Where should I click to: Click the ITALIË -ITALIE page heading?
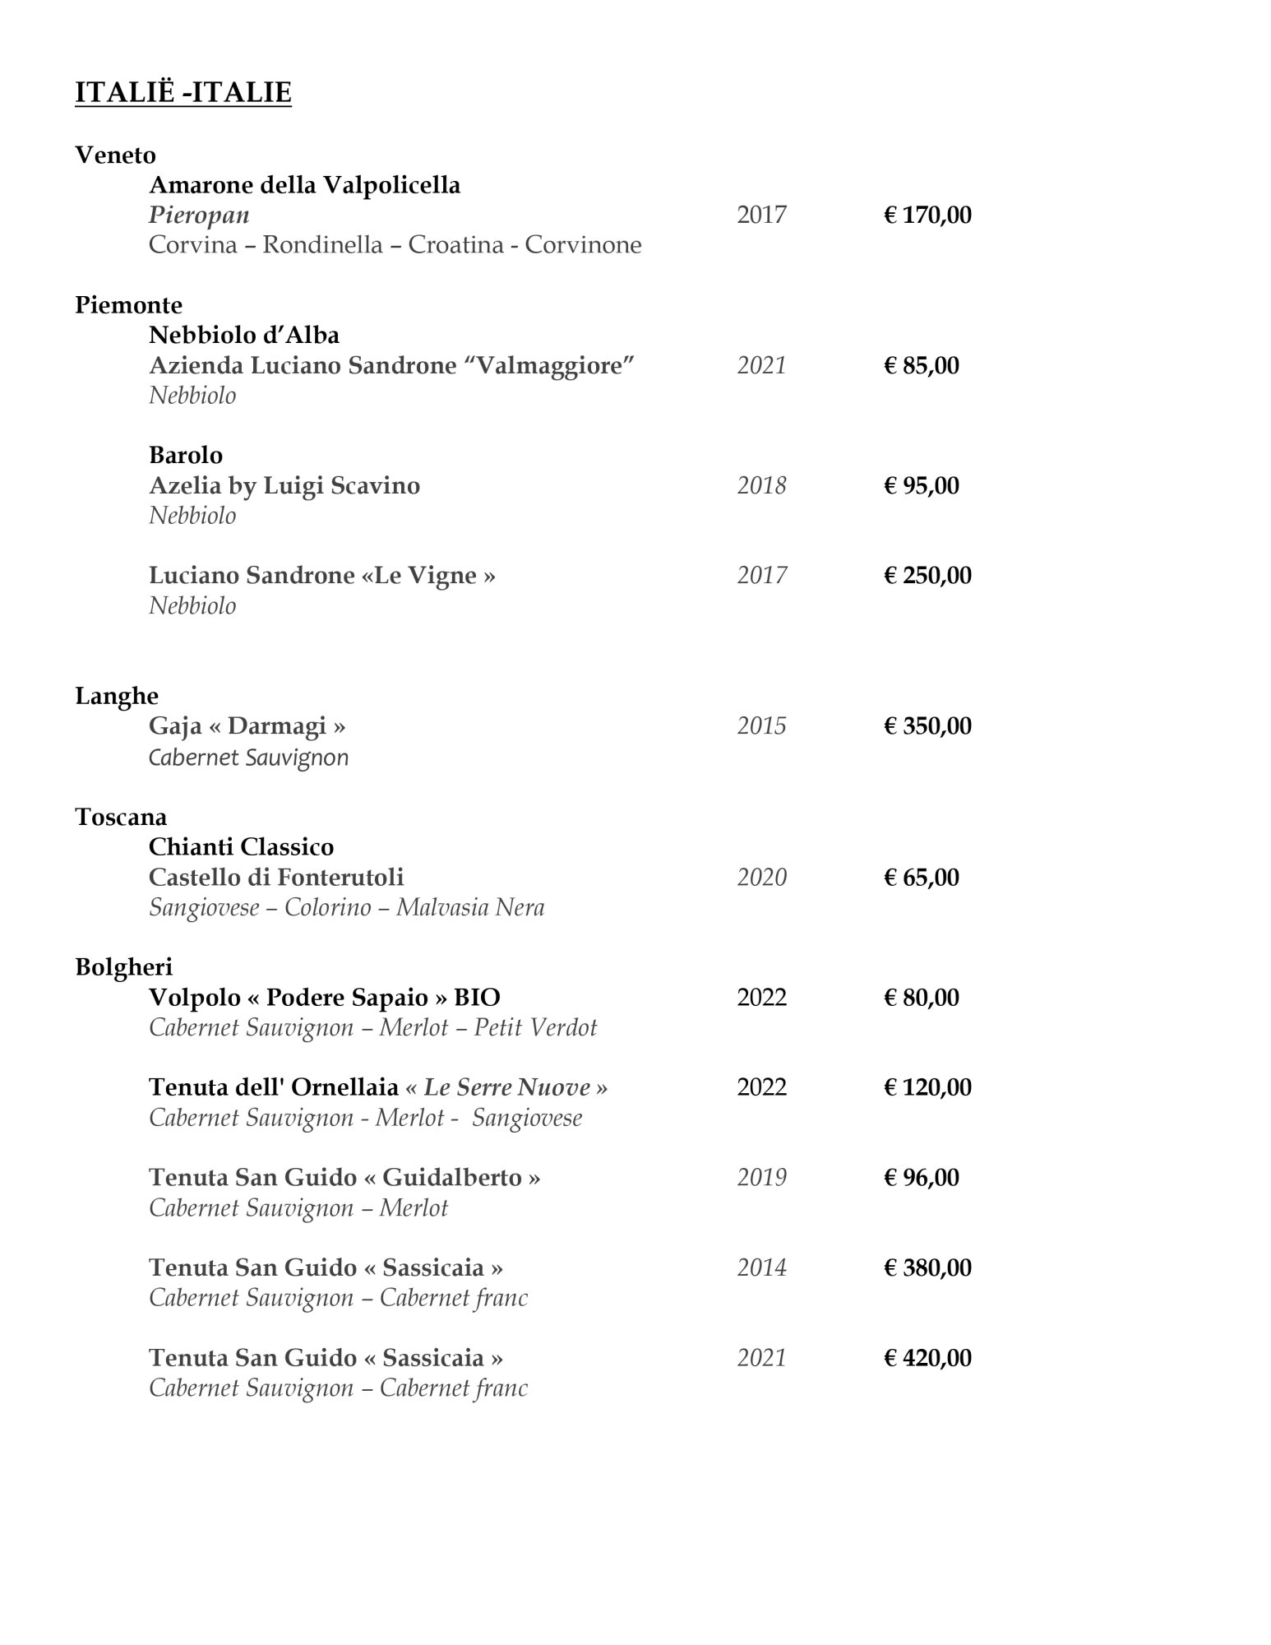183,92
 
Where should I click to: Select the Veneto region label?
115,155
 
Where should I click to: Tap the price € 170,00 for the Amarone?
927,215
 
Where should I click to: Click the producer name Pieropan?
199,215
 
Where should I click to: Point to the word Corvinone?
583,245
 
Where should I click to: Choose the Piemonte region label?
128,305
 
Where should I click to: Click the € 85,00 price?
921,365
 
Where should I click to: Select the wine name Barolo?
186,455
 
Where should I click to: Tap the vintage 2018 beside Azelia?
761,485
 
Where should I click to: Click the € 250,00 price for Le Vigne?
927,575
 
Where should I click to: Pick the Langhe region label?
117,696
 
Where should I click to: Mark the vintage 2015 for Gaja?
761,726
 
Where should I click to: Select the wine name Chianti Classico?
241,846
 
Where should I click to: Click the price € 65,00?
921,877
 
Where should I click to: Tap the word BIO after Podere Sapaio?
477,998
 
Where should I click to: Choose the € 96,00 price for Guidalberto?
921,1178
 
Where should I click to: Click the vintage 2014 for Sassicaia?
761,1267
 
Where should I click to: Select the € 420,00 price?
927,1358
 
